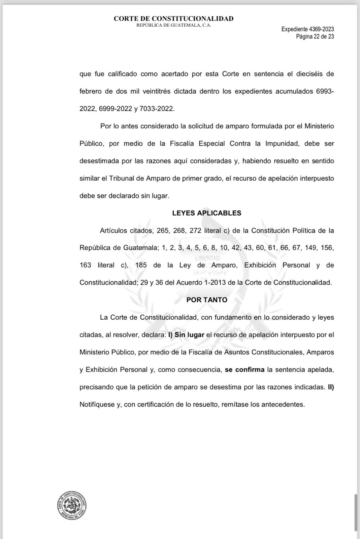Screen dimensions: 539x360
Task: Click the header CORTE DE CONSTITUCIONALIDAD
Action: click(x=173, y=19)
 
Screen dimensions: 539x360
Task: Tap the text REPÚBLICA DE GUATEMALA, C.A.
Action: click(x=173, y=26)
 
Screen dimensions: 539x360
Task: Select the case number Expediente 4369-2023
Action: click(x=307, y=29)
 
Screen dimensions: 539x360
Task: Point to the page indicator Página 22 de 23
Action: click(x=315, y=36)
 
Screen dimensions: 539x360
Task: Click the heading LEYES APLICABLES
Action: click(x=206, y=213)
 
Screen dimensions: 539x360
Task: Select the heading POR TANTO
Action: click(x=207, y=300)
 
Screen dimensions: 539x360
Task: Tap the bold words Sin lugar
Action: click(x=189, y=335)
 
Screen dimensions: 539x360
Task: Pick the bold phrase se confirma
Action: click(x=244, y=370)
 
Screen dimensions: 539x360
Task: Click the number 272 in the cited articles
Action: click(x=195, y=230)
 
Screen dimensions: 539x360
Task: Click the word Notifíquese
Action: click(x=97, y=404)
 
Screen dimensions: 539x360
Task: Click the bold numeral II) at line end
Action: click(x=331, y=387)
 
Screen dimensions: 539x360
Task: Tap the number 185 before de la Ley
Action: click(x=141, y=265)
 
